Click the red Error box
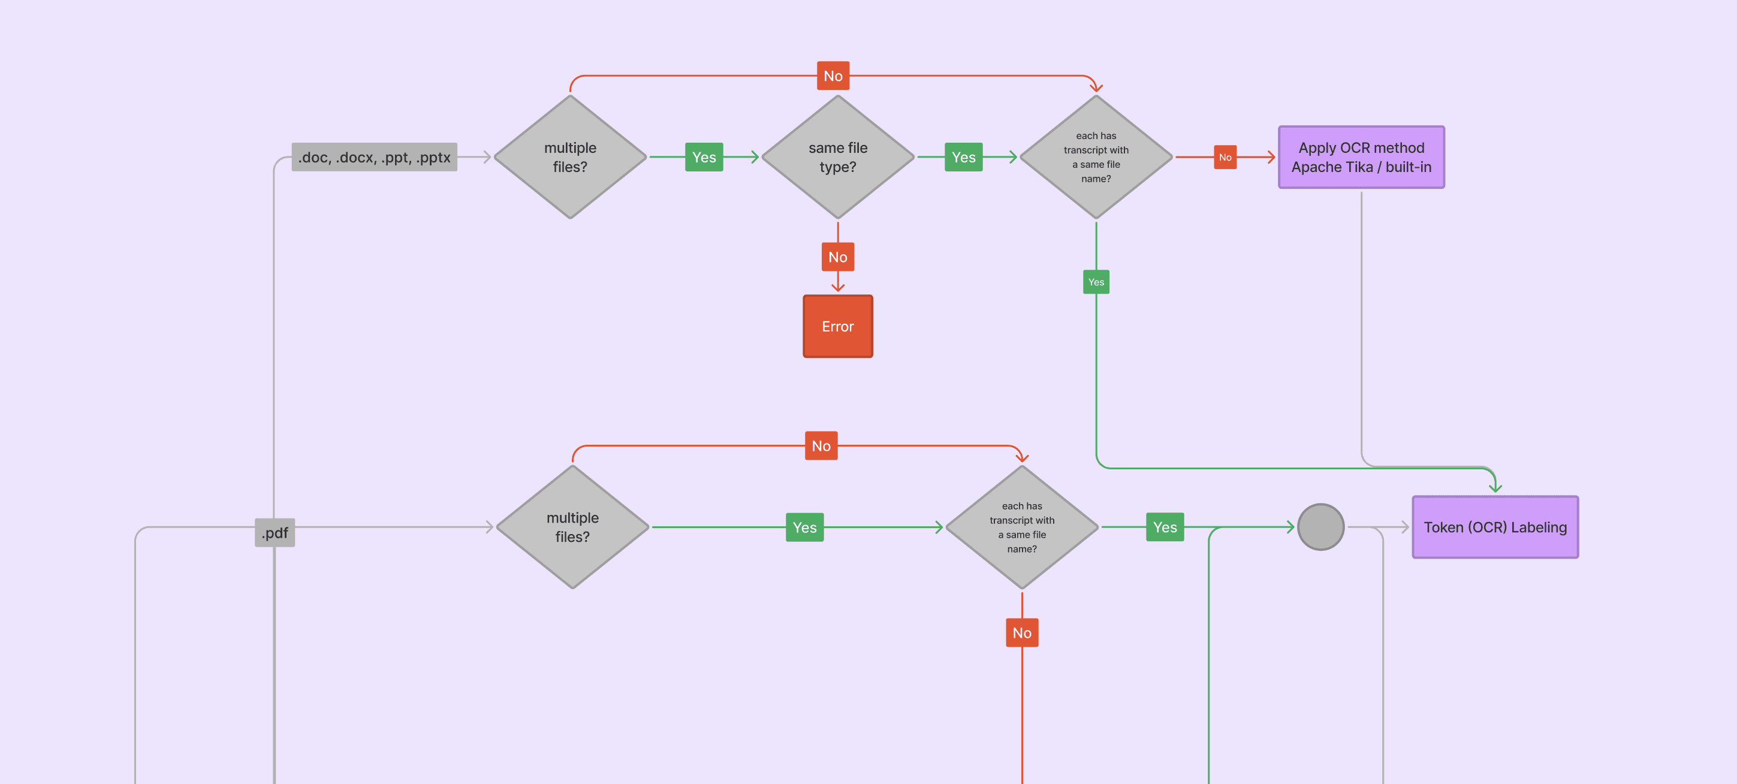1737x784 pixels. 837,326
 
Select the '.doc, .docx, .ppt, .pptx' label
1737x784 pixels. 374,157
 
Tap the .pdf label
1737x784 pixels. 275,532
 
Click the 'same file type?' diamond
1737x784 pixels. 837,157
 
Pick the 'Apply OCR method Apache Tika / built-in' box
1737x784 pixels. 1361,157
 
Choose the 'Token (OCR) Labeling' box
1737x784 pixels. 1495,527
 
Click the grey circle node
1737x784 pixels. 1320,527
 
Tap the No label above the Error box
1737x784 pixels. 837,257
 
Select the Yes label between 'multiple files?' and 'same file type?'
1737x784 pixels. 704,157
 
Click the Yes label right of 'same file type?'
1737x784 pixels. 964,157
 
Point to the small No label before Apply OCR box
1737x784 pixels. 1225,157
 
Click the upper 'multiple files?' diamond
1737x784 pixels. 570,157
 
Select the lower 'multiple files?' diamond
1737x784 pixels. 572,527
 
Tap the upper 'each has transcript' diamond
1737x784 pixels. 1096,157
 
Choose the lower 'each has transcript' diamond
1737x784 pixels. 1021,527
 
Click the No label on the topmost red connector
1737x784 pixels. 833,76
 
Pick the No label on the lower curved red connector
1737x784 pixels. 821,445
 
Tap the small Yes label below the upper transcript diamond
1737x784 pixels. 1096,282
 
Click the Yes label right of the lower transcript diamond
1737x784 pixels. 1165,527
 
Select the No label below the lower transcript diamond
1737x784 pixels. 1021,632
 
